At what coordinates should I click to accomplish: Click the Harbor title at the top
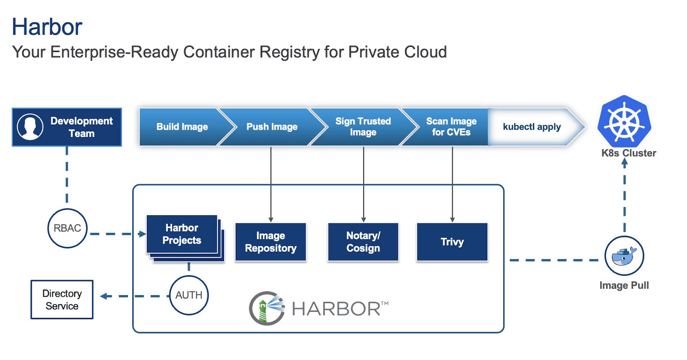coord(47,27)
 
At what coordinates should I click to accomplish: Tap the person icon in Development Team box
coord(30,127)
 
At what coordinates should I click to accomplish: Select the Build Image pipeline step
coord(182,127)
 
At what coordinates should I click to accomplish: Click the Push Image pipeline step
coord(272,127)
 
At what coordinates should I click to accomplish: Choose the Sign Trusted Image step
coord(363,127)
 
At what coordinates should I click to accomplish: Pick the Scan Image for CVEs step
coord(451,127)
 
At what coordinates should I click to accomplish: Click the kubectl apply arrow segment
coord(532,127)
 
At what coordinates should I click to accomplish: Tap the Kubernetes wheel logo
coord(624,121)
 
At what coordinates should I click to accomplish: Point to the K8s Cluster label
coord(629,153)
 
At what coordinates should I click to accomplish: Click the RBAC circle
coord(67,228)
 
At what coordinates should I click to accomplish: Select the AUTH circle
coord(189,295)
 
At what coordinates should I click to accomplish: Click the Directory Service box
coord(62,299)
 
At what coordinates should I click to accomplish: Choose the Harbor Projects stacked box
coord(182,234)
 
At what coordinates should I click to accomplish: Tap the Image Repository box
coord(271,242)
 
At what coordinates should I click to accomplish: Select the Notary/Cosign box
coord(363,242)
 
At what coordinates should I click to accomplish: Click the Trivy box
coord(452,242)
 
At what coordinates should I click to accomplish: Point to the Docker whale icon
coord(624,256)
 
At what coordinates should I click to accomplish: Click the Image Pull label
coord(624,286)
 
